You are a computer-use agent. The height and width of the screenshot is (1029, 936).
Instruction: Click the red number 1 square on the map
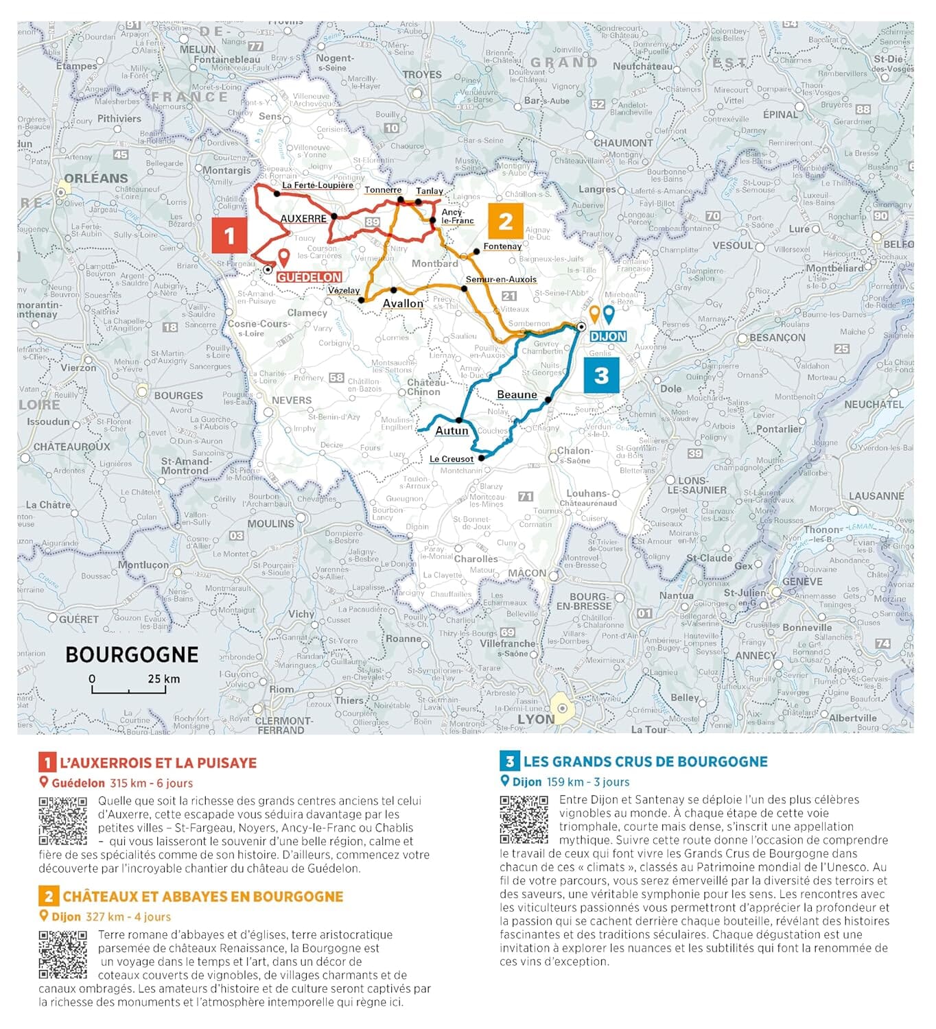point(229,235)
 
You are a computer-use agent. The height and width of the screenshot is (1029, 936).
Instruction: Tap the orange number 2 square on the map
point(506,221)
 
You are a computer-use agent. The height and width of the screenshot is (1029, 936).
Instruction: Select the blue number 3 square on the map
point(601,375)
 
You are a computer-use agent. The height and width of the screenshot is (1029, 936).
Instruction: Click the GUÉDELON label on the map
point(309,277)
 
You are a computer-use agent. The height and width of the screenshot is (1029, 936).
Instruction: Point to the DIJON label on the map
point(608,336)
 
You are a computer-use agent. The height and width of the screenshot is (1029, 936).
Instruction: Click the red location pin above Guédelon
point(283,258)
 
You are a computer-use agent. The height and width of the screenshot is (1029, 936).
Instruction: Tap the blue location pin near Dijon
point(608,314)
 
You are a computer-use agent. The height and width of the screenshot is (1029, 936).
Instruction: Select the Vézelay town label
point(344,290)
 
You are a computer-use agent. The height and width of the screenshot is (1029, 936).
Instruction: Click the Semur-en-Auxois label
point(501,279)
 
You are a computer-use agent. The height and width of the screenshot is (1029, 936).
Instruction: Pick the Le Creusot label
point(452,459)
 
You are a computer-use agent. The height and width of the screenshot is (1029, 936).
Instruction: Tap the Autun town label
point(452,431)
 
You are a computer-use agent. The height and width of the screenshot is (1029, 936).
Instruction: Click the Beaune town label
point(517,394)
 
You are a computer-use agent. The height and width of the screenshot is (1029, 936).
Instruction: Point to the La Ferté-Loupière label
point(318,185)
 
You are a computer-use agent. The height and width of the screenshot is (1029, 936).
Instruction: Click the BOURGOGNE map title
point(132,654)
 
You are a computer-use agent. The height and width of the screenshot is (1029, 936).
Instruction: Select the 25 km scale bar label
point(163,678)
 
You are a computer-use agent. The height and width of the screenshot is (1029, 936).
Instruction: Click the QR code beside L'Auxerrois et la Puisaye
point(62,820)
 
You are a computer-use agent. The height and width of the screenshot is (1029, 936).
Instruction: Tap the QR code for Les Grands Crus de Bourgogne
point(524,819)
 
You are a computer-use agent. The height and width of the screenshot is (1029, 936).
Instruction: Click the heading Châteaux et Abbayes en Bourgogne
point(202,897)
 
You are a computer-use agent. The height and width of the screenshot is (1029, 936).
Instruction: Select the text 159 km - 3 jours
point(588,782)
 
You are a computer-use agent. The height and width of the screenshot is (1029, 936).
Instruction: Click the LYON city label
point(535,719)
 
